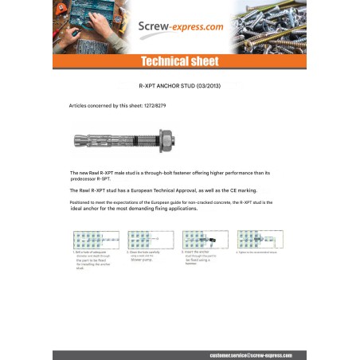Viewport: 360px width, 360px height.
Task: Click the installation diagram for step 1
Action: [x=94, y=240]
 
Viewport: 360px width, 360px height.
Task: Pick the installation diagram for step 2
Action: [x=151, y=240]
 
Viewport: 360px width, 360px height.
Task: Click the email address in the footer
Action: [x=258, y=354]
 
